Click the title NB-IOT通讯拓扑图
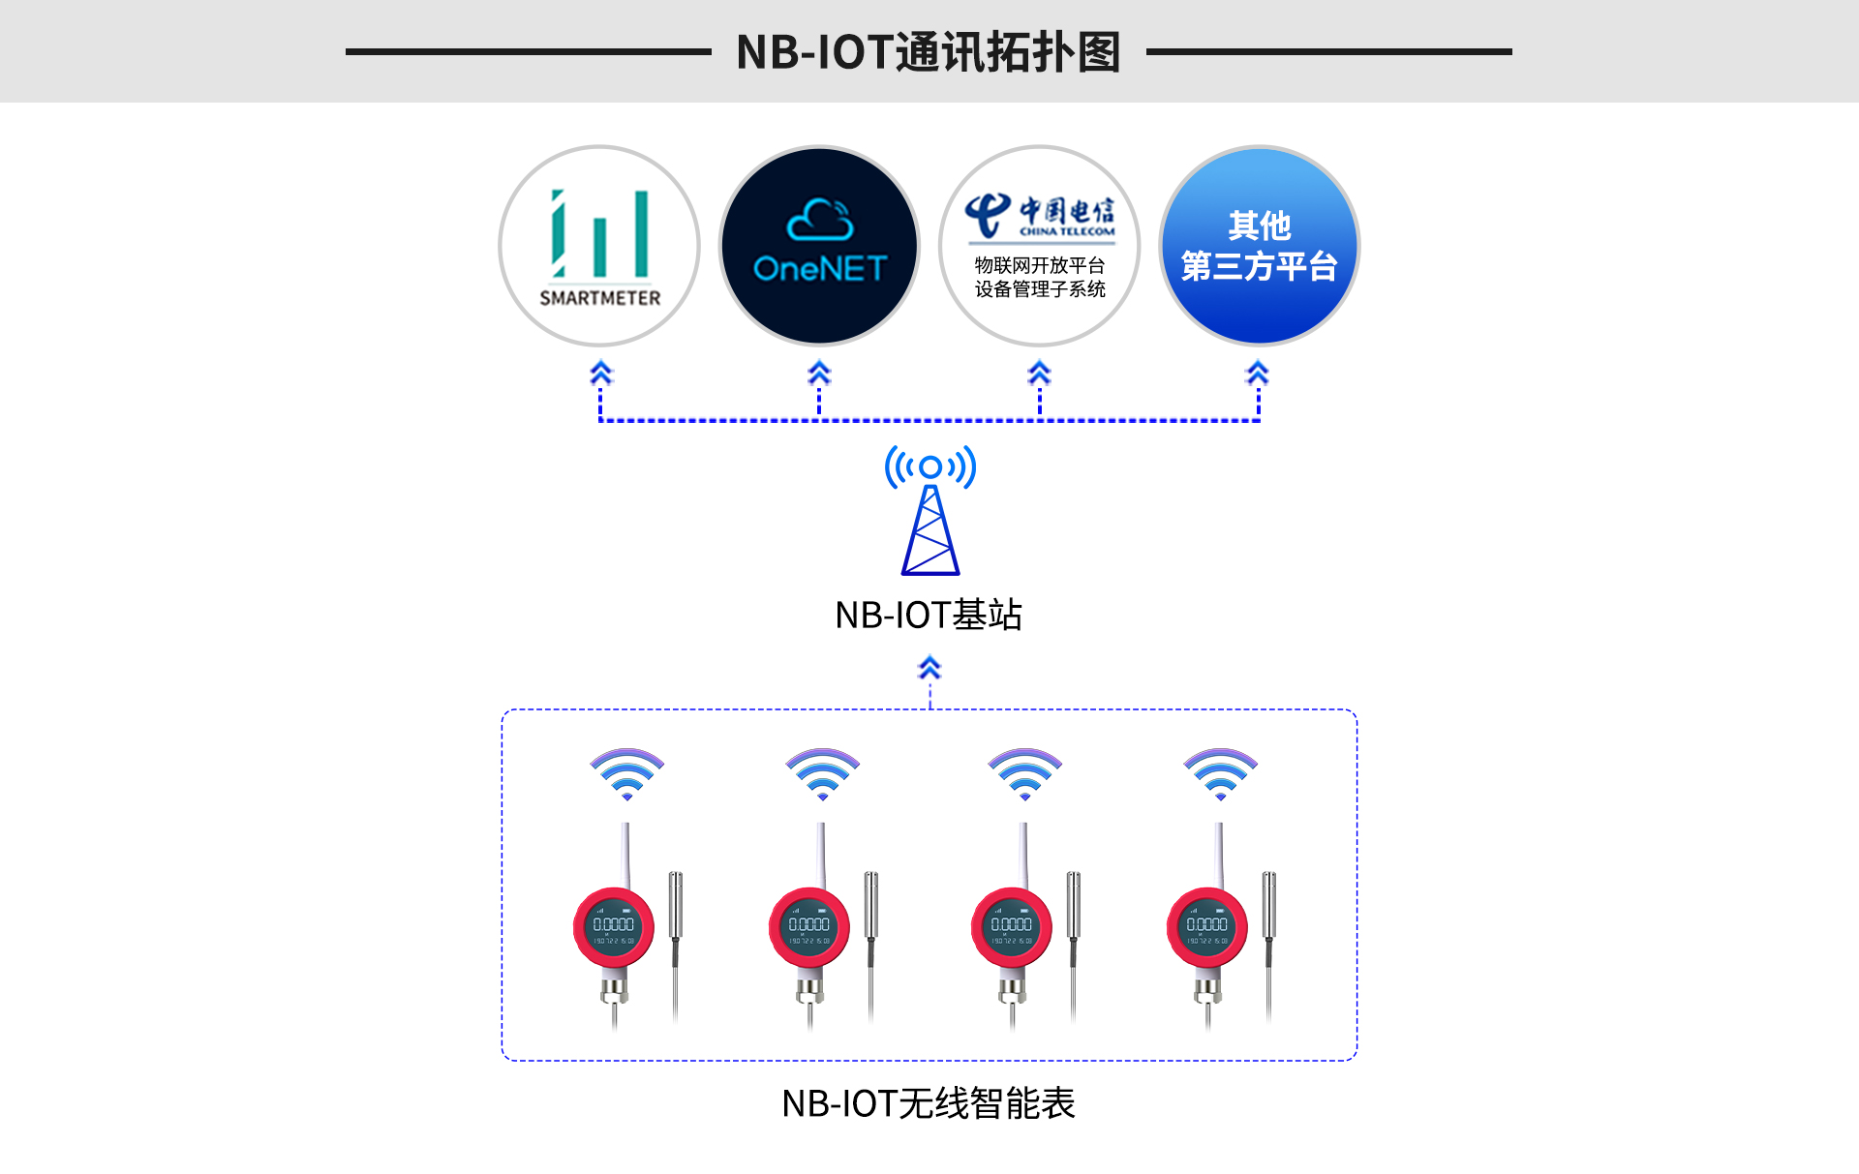(928, 52)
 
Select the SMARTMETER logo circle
(599, 246)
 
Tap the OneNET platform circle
(819, 246)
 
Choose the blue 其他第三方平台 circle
(1259, 246)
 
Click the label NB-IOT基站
(928, 615)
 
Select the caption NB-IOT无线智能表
(928, 1103)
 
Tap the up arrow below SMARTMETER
(600, 373)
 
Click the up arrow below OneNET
(819, 373)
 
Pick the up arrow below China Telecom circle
(1039, 373)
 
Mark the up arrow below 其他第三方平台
(1258, 373)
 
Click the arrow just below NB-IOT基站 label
(929, 668)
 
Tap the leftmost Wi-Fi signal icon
(627, 772)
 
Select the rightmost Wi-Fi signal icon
(1220, 772)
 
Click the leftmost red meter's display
(614, 927)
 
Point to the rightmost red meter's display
(1206, 927)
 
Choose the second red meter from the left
(809, 927)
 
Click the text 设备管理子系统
(1040, 289)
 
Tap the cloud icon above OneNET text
(820, 221)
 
